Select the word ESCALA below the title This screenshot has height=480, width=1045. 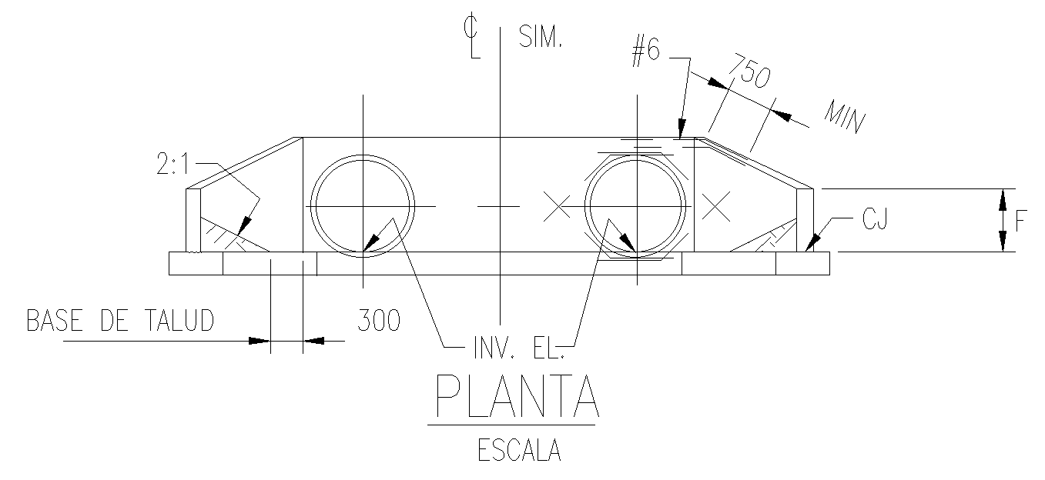[519, 450]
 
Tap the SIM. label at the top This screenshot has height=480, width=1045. [541, 37]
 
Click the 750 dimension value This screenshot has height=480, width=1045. [750, 72]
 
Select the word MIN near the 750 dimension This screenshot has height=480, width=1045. [845, 115]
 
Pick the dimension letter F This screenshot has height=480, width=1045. [1020, 222]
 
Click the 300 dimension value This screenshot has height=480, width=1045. [379, 321]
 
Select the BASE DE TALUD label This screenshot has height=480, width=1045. [120, 321]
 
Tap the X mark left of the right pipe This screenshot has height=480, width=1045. [557, 205]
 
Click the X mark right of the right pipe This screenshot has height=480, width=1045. [715, 205]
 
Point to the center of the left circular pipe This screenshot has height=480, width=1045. [363, 205]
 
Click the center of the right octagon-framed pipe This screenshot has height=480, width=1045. [635, 205]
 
